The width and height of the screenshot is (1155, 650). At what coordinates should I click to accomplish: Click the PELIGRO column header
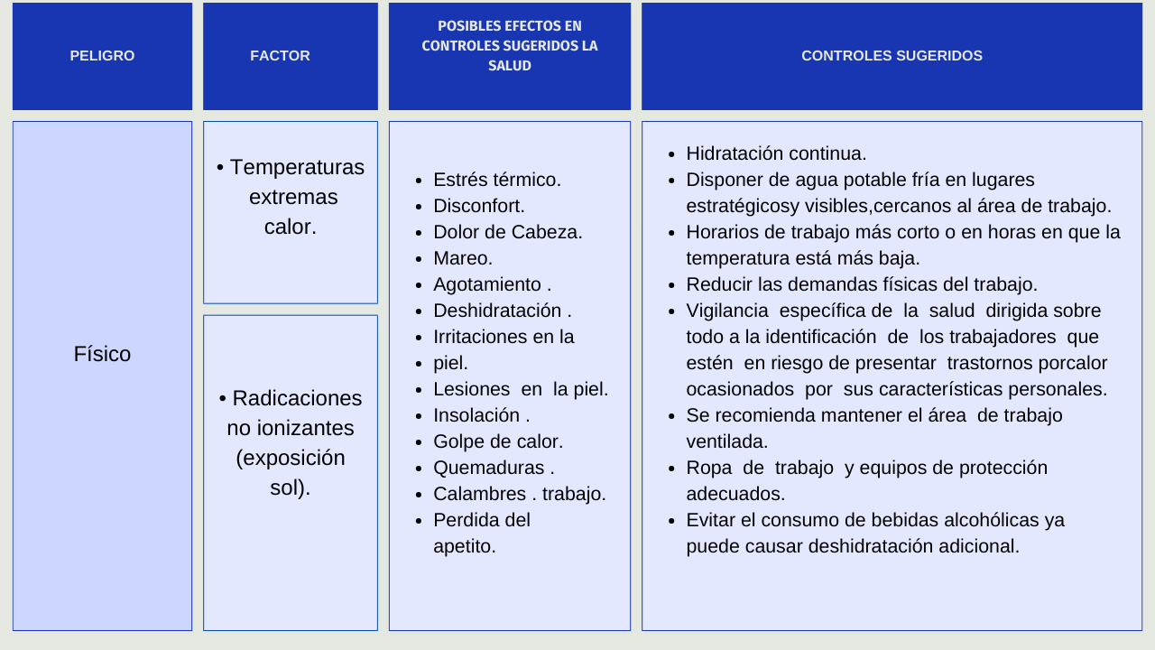(x=102, y=56)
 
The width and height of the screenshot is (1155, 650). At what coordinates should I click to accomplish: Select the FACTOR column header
(x=280, y=56)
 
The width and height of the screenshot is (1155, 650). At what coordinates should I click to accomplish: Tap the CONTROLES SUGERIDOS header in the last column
(x=892, y=56)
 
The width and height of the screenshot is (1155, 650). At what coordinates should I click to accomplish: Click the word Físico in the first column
(x=102, y=354)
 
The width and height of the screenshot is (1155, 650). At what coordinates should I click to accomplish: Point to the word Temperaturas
(x=297, y=167)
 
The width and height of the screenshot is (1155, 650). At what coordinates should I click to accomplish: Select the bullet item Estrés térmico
(x=496, y=180)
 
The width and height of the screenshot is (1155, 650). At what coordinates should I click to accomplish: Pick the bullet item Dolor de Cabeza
(x=507, y=232)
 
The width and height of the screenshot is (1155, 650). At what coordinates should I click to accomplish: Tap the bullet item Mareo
(x=462, y=258)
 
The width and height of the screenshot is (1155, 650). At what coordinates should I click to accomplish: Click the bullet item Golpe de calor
(x=497, y=441)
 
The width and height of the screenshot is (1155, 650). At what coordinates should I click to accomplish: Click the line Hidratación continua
(x=776, y=153)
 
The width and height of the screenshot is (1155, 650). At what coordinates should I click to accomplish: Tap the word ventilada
(x=726, y=441)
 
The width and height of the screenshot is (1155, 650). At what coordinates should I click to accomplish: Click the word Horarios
(x=723, y=232)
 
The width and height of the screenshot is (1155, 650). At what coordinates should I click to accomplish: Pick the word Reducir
(x=719, y=284)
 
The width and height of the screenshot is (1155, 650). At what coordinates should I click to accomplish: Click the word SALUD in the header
(x=509, y=66)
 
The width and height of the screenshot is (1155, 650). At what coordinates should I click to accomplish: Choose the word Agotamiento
(x=486, y=284)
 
